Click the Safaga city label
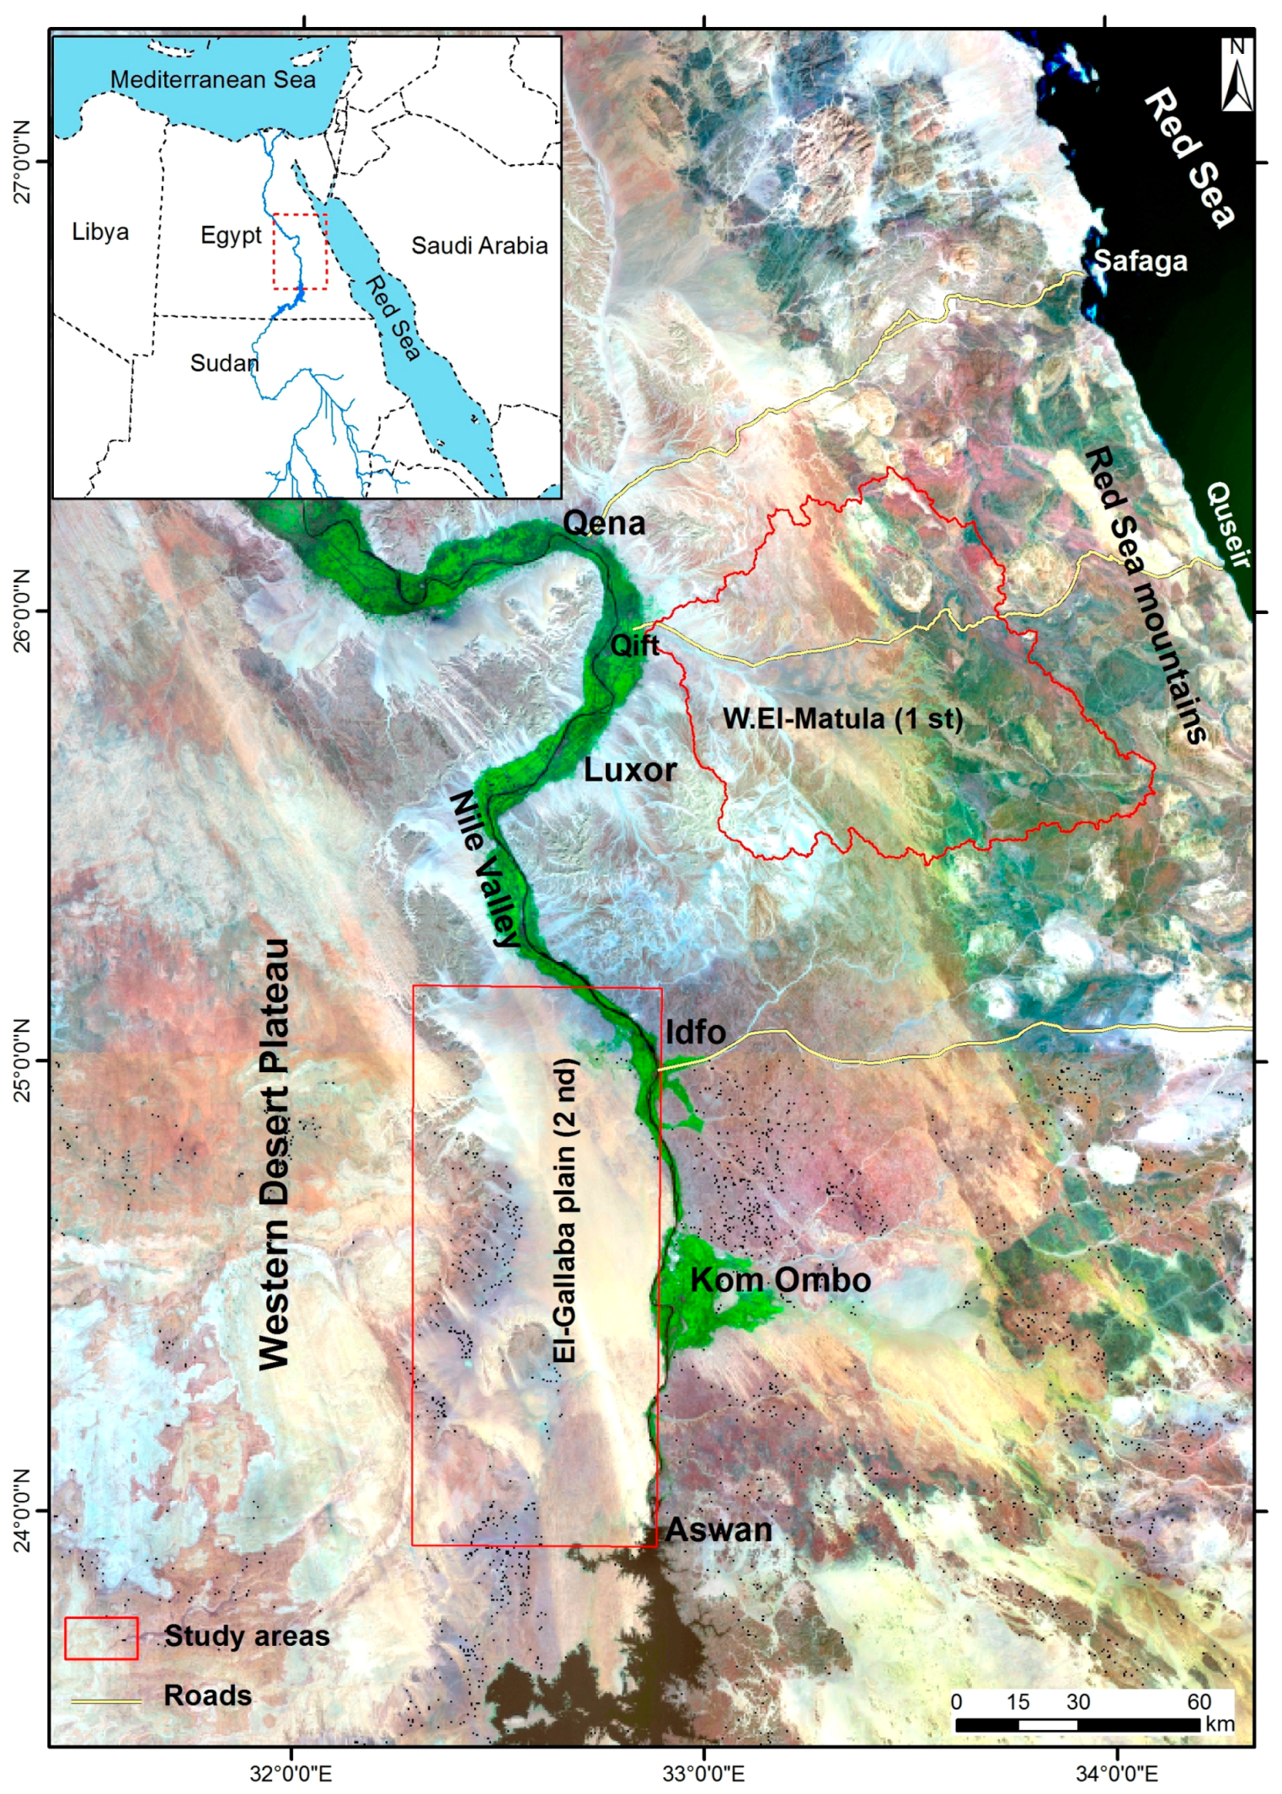click(x=1140, y=262)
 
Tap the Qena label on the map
click(x=604, y=524)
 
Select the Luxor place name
click(x=630, y=770)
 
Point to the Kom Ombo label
click(x=780, y=1279)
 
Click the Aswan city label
click(x=718, y=1530)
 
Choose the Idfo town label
click(x=696, y=1033)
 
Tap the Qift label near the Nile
click(x=635, y=646)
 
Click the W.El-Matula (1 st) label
click(x=842, y=718)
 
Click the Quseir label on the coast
click(x=1231, y=525)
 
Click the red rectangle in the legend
click(x=101, y=1637)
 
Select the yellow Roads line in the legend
click(x=105, y=1701)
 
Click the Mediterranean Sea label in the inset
click(x=213, y=80)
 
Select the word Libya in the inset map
click(x=100, y=232)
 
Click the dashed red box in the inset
click(x=300, y=251)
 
